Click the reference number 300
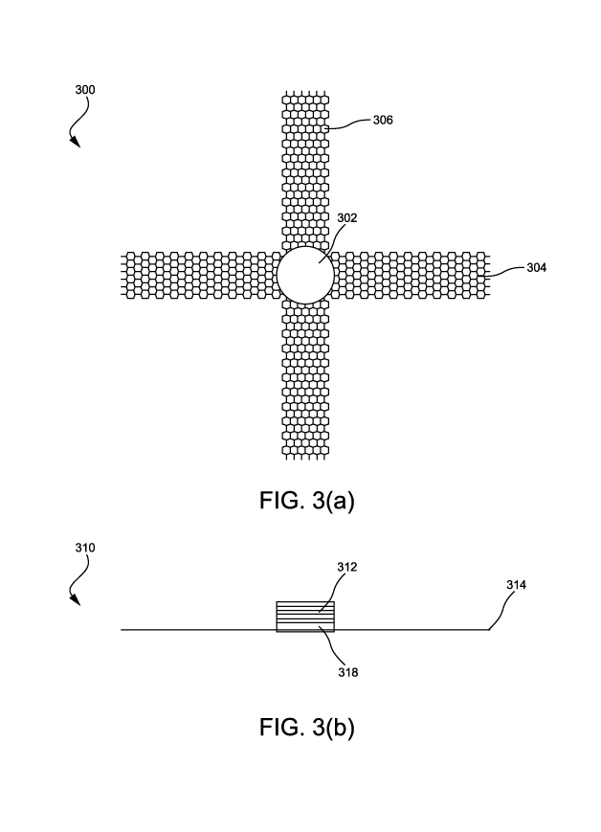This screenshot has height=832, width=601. [x=85, y=90]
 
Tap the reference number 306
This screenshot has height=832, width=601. [x=382, y=121]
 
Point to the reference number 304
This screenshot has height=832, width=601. [x=537, y=268]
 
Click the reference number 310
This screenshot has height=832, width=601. [x=85, y=549]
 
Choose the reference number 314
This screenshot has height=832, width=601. [x=516, y=583]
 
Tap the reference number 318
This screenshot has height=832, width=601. [x=347, y=673]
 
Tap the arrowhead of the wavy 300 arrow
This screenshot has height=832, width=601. [x=77, y=144]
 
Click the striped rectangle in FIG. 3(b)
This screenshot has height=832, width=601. [x=305, y=617]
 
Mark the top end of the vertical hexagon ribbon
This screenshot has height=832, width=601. [x=304, y=96]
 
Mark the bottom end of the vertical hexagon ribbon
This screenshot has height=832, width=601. [x=304, y=451]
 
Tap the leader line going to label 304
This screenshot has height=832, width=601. [x=505, y=271]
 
